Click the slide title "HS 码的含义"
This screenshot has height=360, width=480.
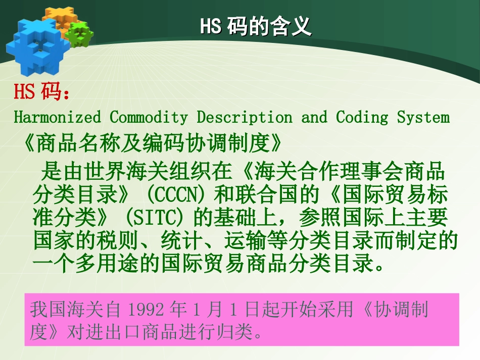pyautogui.click(x=256, y=27)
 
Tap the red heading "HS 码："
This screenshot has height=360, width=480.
pyautogui.click(x=42, y=92)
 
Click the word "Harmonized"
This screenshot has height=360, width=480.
pyautogui.click(x=57, y=118)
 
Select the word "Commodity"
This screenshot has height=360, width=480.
pyautogui.click(x=149, y=118)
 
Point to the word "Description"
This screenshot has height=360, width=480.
pyautogui.click(x=244, y=118)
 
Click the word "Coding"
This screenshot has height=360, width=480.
pyautogui.click(x=362, y=118)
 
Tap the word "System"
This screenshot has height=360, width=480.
pyautogui.click(x=423, y=118)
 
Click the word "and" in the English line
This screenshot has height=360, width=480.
pyautogui.click(x=314, y=118)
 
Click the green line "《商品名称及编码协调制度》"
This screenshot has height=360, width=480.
pyautogui.click(x=152, y=144)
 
